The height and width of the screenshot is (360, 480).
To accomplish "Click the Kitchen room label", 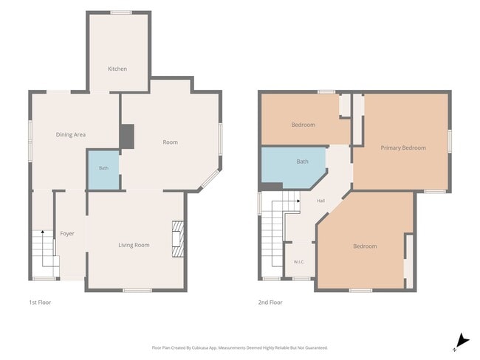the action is [x=117, y=69].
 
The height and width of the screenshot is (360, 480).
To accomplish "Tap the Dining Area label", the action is [x=71, y=134].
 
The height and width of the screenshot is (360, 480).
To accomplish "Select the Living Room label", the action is [x=134, y=245].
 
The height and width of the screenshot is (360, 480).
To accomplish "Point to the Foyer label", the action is [x=67, y=234].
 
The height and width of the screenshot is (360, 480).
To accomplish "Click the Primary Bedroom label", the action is [x=403, y=148].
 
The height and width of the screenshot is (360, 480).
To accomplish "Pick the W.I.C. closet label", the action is [x=299, y=262].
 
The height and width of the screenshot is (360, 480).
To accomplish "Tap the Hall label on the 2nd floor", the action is [x=320, y=201].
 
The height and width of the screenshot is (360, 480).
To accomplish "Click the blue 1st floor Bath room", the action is [x=104, y=170].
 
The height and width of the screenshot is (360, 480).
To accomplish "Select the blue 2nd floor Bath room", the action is [x=292, y=167].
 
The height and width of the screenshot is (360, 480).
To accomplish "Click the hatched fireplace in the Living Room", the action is [x=178, y=239].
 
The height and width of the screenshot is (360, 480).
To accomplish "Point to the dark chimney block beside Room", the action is [x=127, y=136].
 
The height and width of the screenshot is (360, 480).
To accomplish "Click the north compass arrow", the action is [x=462, y=342].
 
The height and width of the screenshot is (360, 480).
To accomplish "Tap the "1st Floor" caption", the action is [x=40, y=302].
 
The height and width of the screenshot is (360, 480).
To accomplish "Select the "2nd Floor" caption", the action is [x=270, y=302].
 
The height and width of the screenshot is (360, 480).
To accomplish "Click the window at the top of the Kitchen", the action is [x=121, y=13].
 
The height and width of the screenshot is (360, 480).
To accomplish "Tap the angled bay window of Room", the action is [x=210, y=179].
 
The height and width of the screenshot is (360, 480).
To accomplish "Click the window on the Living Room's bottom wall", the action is [x=137, y=290].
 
